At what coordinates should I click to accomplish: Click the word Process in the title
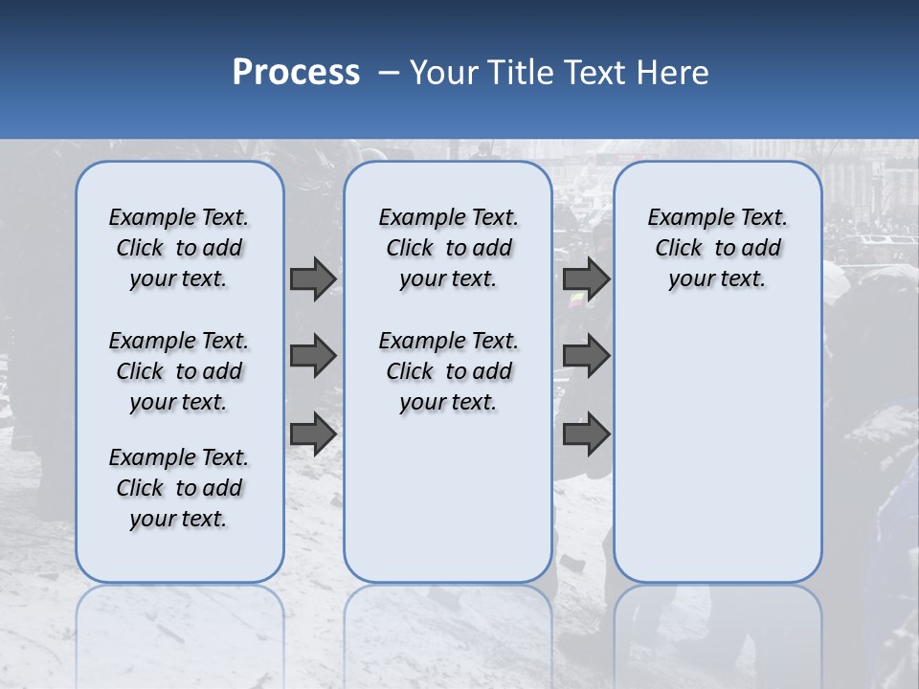[x=296, y=72]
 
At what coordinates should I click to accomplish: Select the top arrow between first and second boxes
[x=312, y=278]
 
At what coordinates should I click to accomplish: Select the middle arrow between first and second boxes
[x=312, y=356]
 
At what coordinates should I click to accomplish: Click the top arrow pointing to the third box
[x=586, y=278]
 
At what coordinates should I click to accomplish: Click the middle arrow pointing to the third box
[x=586, y=356]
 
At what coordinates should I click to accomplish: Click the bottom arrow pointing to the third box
[x=586, y=434]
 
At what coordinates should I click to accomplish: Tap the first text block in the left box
[x=179, y=248]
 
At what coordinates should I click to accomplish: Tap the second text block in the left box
[x=179, y=371]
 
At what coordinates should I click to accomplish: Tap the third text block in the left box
[x=179, y=488]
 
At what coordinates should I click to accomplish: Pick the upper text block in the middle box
[x=448, y=248]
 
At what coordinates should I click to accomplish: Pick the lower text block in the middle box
[x=448, y=371]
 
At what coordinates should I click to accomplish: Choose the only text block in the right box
[x=717, y=248]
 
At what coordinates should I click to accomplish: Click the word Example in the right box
[x=684, y=218]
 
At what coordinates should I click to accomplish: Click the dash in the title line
[x=389, y=73]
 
